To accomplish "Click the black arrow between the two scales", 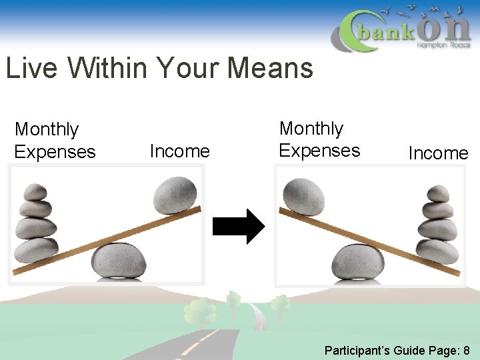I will tap(238, 227).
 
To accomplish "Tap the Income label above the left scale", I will tap(179, 151).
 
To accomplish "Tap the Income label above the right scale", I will tap(438, 153).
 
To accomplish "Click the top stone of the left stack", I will tap(36, 193).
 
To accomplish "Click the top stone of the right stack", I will tap(438, 194).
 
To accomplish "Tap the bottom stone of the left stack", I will tap(36, 250).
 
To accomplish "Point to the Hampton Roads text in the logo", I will tap(443, 45).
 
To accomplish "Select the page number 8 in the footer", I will tap(466, 350).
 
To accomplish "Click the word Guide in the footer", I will tap(407, 350).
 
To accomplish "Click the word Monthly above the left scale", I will tap(47, 129).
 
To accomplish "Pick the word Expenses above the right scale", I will tap(319, 151).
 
